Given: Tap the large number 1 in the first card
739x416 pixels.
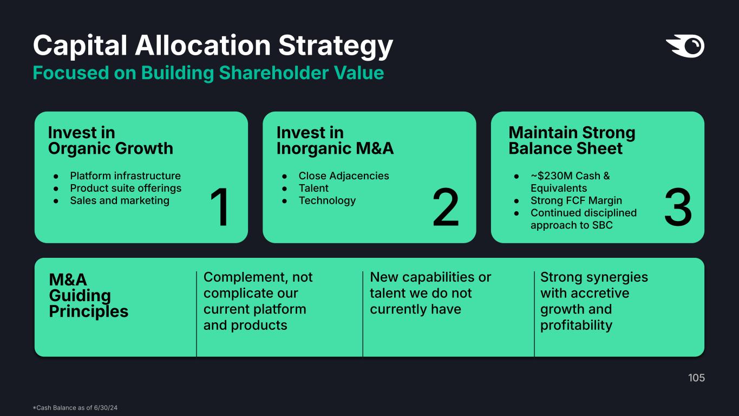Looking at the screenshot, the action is click(220, 207).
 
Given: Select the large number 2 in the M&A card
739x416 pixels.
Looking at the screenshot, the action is click(446, 207).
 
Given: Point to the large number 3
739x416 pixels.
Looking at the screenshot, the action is click(678, 207).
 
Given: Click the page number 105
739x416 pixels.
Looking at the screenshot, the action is click(696, 378).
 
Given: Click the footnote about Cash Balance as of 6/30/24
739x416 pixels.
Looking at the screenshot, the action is click(75, 408).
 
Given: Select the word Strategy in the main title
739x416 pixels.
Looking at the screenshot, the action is click(336, 46).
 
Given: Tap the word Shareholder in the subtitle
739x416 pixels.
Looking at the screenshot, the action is click(273, 73).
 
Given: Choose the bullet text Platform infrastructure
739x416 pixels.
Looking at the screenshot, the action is click(126, 175).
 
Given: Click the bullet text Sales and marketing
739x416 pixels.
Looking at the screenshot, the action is click(120, 200).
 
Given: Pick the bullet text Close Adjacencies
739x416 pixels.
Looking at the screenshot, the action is click(344, 175).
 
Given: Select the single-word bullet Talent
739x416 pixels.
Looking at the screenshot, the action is click(313, 188).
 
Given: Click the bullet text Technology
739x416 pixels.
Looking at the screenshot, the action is click(327, 201).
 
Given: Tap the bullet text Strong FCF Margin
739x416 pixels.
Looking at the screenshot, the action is click(576, 200).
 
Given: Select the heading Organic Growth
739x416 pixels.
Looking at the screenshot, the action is click(110, 148).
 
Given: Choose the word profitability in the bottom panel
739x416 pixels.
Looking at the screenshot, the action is click(576, 326).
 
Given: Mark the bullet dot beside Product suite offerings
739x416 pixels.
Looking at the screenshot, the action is click(56, 189).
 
